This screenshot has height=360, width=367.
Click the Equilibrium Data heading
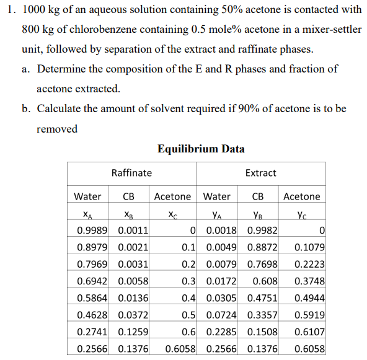point(201,149)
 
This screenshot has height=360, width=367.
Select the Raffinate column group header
point(131,173)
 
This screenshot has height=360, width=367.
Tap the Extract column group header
point(260,173)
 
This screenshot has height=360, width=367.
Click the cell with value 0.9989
point(92,231)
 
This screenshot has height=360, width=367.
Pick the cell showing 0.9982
point(262,231)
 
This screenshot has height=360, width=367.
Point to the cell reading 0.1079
point(310,248)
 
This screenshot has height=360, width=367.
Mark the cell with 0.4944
point(310,298)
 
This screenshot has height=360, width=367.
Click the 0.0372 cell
point(133,315)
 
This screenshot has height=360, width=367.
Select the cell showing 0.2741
point(92,331)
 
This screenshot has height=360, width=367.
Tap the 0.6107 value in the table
point(310,331)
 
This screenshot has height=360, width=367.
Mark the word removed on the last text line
point(57,129)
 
